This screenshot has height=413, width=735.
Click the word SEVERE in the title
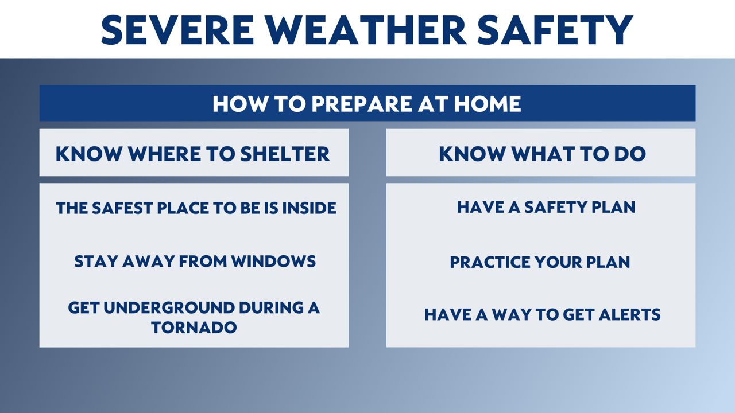(x=177, y=30)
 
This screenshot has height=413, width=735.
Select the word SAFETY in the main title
(x=555, y=30)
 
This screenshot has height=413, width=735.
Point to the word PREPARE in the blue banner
(x=361, y=104)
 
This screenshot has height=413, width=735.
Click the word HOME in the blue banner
(x=488, y=104)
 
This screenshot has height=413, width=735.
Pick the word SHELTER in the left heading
(x=285, y=154)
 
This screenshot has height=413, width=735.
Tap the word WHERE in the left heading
(x=164, y=154)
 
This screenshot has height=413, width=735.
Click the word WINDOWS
(x=273, y=261)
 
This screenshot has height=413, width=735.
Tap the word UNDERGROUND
(x=169, y=308)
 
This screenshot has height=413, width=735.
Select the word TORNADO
(x=194, y=328)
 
